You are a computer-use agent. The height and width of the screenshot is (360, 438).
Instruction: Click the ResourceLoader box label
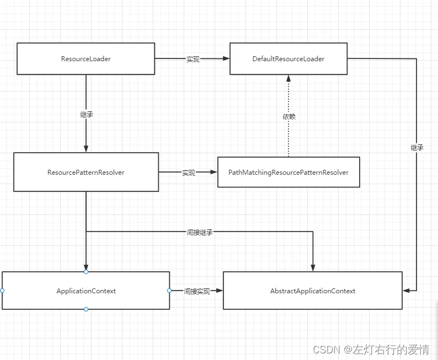[x=86, y=59]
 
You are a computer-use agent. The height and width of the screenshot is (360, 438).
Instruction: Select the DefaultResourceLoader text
[x=289, y=59]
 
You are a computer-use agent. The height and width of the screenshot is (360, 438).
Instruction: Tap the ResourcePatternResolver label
[x=86, y=173]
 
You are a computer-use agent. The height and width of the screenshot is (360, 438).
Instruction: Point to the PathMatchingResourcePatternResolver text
[x=289, y=173]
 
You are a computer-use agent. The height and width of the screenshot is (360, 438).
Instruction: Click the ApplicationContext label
[x=86, y=291]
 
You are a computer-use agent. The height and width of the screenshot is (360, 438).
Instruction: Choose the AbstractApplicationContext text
[x=313, y=291]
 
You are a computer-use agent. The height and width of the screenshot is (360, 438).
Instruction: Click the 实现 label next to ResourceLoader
[x=193, y=59]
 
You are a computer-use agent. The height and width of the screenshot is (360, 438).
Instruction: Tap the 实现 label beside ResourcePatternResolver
[x=189, y=173]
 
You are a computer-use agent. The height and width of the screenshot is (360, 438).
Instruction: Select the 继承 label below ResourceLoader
[x=86, y=115]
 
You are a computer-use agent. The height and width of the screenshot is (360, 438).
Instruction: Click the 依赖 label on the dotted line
[x=289, y=116]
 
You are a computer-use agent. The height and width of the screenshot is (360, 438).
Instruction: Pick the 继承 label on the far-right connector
[x=417, y=148]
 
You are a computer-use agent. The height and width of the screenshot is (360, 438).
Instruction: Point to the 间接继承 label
[x=200, y=232]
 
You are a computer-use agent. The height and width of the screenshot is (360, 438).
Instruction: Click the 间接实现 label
[x=196, y=291]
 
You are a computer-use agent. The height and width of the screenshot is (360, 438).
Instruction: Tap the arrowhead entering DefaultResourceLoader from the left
[x=226, y=58]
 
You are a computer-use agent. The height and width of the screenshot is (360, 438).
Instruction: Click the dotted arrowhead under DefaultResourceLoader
[x=289, y=78]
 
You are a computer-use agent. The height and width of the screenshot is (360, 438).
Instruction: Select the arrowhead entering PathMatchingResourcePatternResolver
[x=213, y=172]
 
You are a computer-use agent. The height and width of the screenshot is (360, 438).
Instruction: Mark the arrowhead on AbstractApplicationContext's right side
[x=406, y=291]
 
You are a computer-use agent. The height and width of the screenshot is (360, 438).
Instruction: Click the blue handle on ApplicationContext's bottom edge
[x=86, y=309]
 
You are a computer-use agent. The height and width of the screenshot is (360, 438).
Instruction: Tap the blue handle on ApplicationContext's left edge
[x=2, y=291]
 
